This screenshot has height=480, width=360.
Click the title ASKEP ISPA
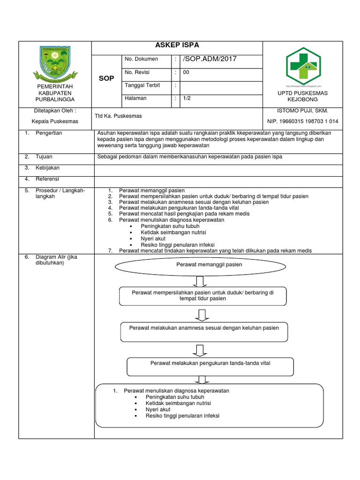coord(177,45)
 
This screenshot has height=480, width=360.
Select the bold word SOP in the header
coord(106,79)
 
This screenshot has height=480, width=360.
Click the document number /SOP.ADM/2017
coord(210,59)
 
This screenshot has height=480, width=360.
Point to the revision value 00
coord(186,73)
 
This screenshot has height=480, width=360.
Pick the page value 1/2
coord(187,99)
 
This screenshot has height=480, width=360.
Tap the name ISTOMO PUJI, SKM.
coord(303,111)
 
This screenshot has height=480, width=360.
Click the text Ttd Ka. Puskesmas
coord(118,116)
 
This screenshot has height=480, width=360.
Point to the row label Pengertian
coord(48,133)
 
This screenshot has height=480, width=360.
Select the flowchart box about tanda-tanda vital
coord(210,363)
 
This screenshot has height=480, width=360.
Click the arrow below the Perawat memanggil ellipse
coord(200,281)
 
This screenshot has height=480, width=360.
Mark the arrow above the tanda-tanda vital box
coord(200,350)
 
